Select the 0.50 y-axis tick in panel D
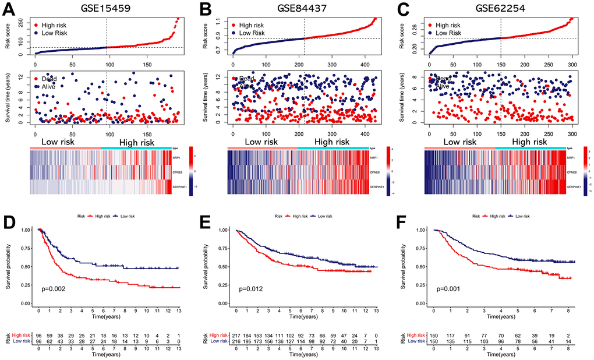[26, 267]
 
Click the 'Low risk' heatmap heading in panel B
[261, 142]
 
